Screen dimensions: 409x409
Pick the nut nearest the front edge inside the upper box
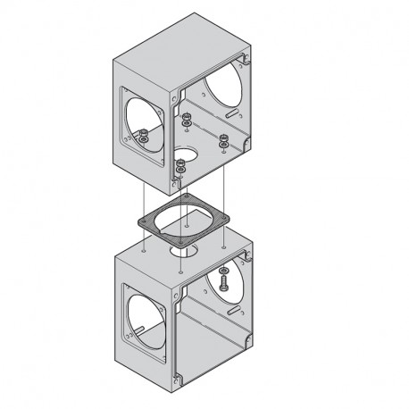pyautogui.click(x=181, y=164)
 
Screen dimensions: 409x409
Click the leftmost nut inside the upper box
pyautogui.click(x=143, y=137)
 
